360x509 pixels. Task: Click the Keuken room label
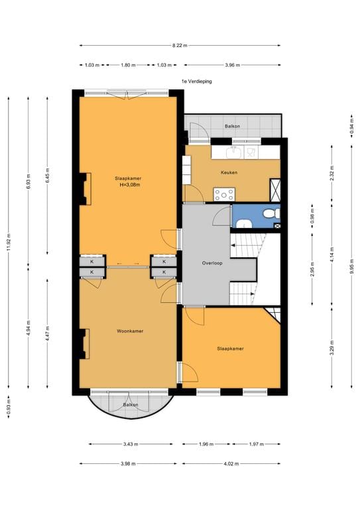pyautogui.click(x=229, y=173)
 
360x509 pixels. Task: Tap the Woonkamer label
pyautogui.click(x=130, y=331)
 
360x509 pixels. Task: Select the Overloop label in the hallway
pyautogui.click(x=212, y=263)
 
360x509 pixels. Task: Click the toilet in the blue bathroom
pyautogui.click(x=272, y=213)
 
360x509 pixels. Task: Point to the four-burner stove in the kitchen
pyautogui.click(x=224, y=194)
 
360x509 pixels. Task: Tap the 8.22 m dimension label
pyautogui.click(x=180, y=46)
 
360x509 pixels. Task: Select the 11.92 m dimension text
pyautogui.click(x=9, y=242)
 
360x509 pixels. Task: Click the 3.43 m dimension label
pyautogui.click(x=131, y=444)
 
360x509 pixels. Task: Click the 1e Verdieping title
pyautogui.click(x=197, y=81)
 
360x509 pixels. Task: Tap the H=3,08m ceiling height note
pyautogui.click(x=130, y=185)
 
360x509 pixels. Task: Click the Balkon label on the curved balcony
pyautogui.click(x=131, y=405)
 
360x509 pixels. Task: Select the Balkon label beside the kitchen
pyautogui.click(x=233, y=126)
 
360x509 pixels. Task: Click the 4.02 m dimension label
pyautogui.click(x=231, y=463)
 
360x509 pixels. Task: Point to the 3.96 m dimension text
pyautogui.click(x=233, y=65)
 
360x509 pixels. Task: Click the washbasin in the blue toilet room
pyautogui.click(x=243, y=223)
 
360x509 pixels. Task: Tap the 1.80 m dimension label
pyautogui.click(x=128, y=65)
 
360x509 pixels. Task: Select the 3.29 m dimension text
pyautogui.click(x=331, y=348)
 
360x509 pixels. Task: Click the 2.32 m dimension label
pyautogui.click(x=331, y=174)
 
